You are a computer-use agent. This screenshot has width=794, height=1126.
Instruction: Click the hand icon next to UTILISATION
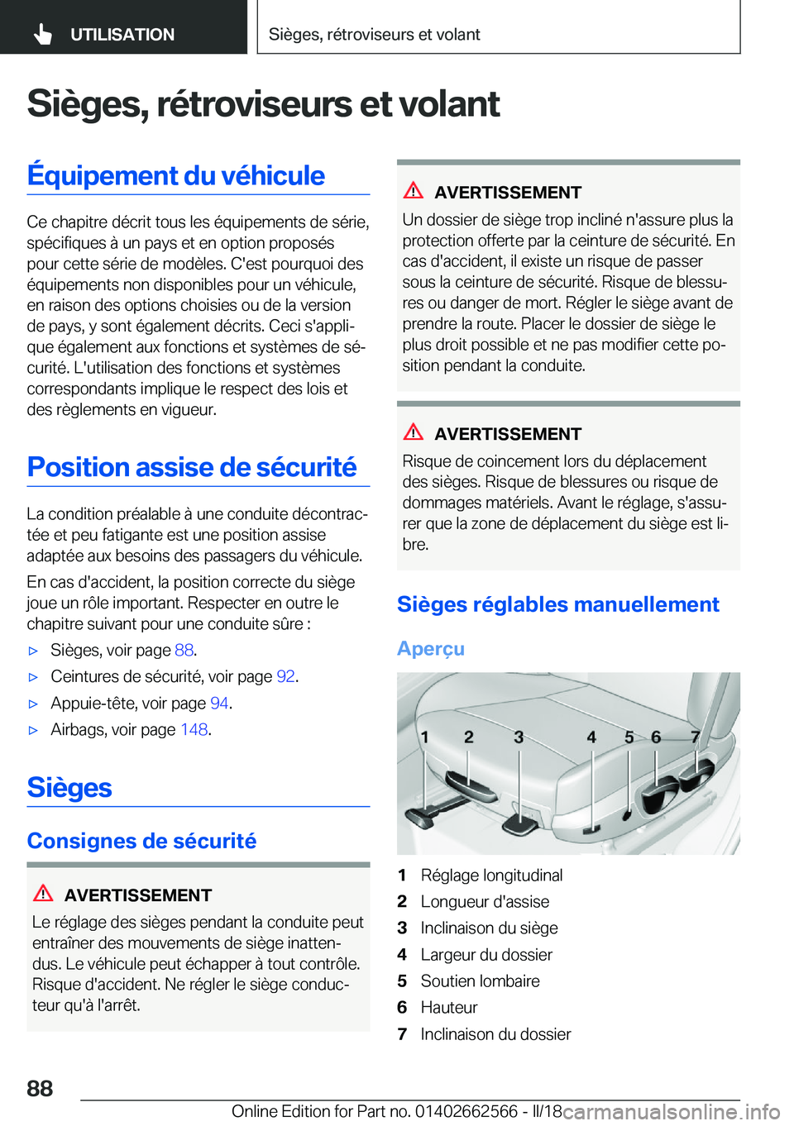43,34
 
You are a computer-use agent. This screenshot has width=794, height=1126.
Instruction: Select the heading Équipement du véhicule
176,175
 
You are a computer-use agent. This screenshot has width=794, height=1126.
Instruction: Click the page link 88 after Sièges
184,650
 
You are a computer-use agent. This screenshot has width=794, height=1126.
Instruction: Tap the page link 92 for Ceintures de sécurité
285,676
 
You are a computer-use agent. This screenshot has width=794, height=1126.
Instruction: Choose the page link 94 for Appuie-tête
219,703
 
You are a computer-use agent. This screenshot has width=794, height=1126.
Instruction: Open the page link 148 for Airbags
194,729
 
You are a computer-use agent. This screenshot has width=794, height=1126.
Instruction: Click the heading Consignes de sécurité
141,841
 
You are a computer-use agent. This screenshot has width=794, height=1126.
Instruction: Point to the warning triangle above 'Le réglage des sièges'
43,894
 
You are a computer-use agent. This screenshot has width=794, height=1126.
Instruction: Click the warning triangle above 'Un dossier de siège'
414,191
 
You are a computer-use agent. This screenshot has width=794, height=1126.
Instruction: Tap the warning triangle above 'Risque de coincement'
414,432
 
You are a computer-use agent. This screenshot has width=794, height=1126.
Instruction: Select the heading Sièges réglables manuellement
558,604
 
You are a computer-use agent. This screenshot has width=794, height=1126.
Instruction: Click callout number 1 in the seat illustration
424,737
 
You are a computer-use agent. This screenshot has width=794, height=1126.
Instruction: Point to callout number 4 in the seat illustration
591,737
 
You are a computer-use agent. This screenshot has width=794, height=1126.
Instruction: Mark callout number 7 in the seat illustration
696,737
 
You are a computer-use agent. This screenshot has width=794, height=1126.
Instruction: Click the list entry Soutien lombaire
480,980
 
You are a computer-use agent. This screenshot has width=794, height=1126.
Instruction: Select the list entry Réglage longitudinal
491,875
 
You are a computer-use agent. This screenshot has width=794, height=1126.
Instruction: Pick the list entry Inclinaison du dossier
495,1033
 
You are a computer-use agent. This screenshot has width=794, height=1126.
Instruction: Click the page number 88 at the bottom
40,1088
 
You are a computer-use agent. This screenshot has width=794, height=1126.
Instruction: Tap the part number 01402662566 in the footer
466,1111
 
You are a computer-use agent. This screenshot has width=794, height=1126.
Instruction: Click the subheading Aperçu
431,649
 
